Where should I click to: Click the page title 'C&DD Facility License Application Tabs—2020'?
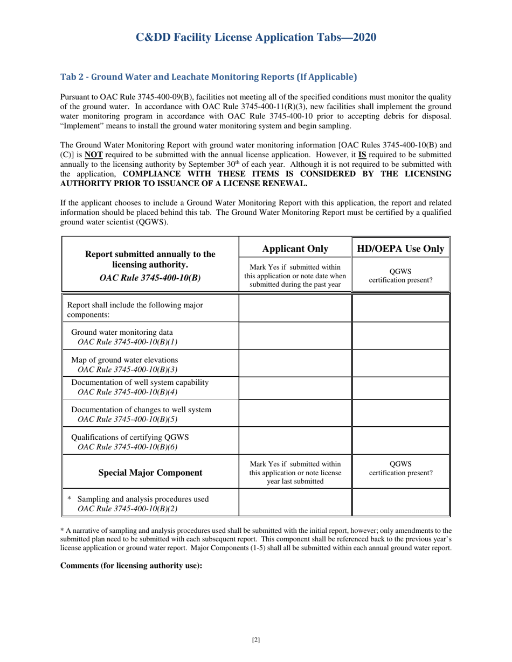click(x=255, y=37)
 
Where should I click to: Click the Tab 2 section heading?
click(x=208, y=77)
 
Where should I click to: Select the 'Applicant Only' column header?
click(x=295, y=248)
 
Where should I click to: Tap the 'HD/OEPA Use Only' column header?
click(x=400, y=248)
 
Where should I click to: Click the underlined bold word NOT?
click(x=197, y=153)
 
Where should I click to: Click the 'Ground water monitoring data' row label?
click(x=122, y=332)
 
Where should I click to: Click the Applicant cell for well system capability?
click(x=295, y=387)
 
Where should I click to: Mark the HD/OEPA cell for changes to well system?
click(x=400, y=414)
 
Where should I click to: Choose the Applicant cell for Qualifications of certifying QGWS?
click(x=295, y=441)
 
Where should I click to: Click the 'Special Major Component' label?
click(x=150, y=473)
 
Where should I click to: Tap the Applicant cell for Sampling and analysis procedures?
click(x=295, y=503)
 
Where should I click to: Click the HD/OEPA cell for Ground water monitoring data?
click(x=400, y=336)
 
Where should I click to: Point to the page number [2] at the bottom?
click(x=256, y=640)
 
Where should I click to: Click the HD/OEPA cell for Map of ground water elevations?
click(x=400, y=363)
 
